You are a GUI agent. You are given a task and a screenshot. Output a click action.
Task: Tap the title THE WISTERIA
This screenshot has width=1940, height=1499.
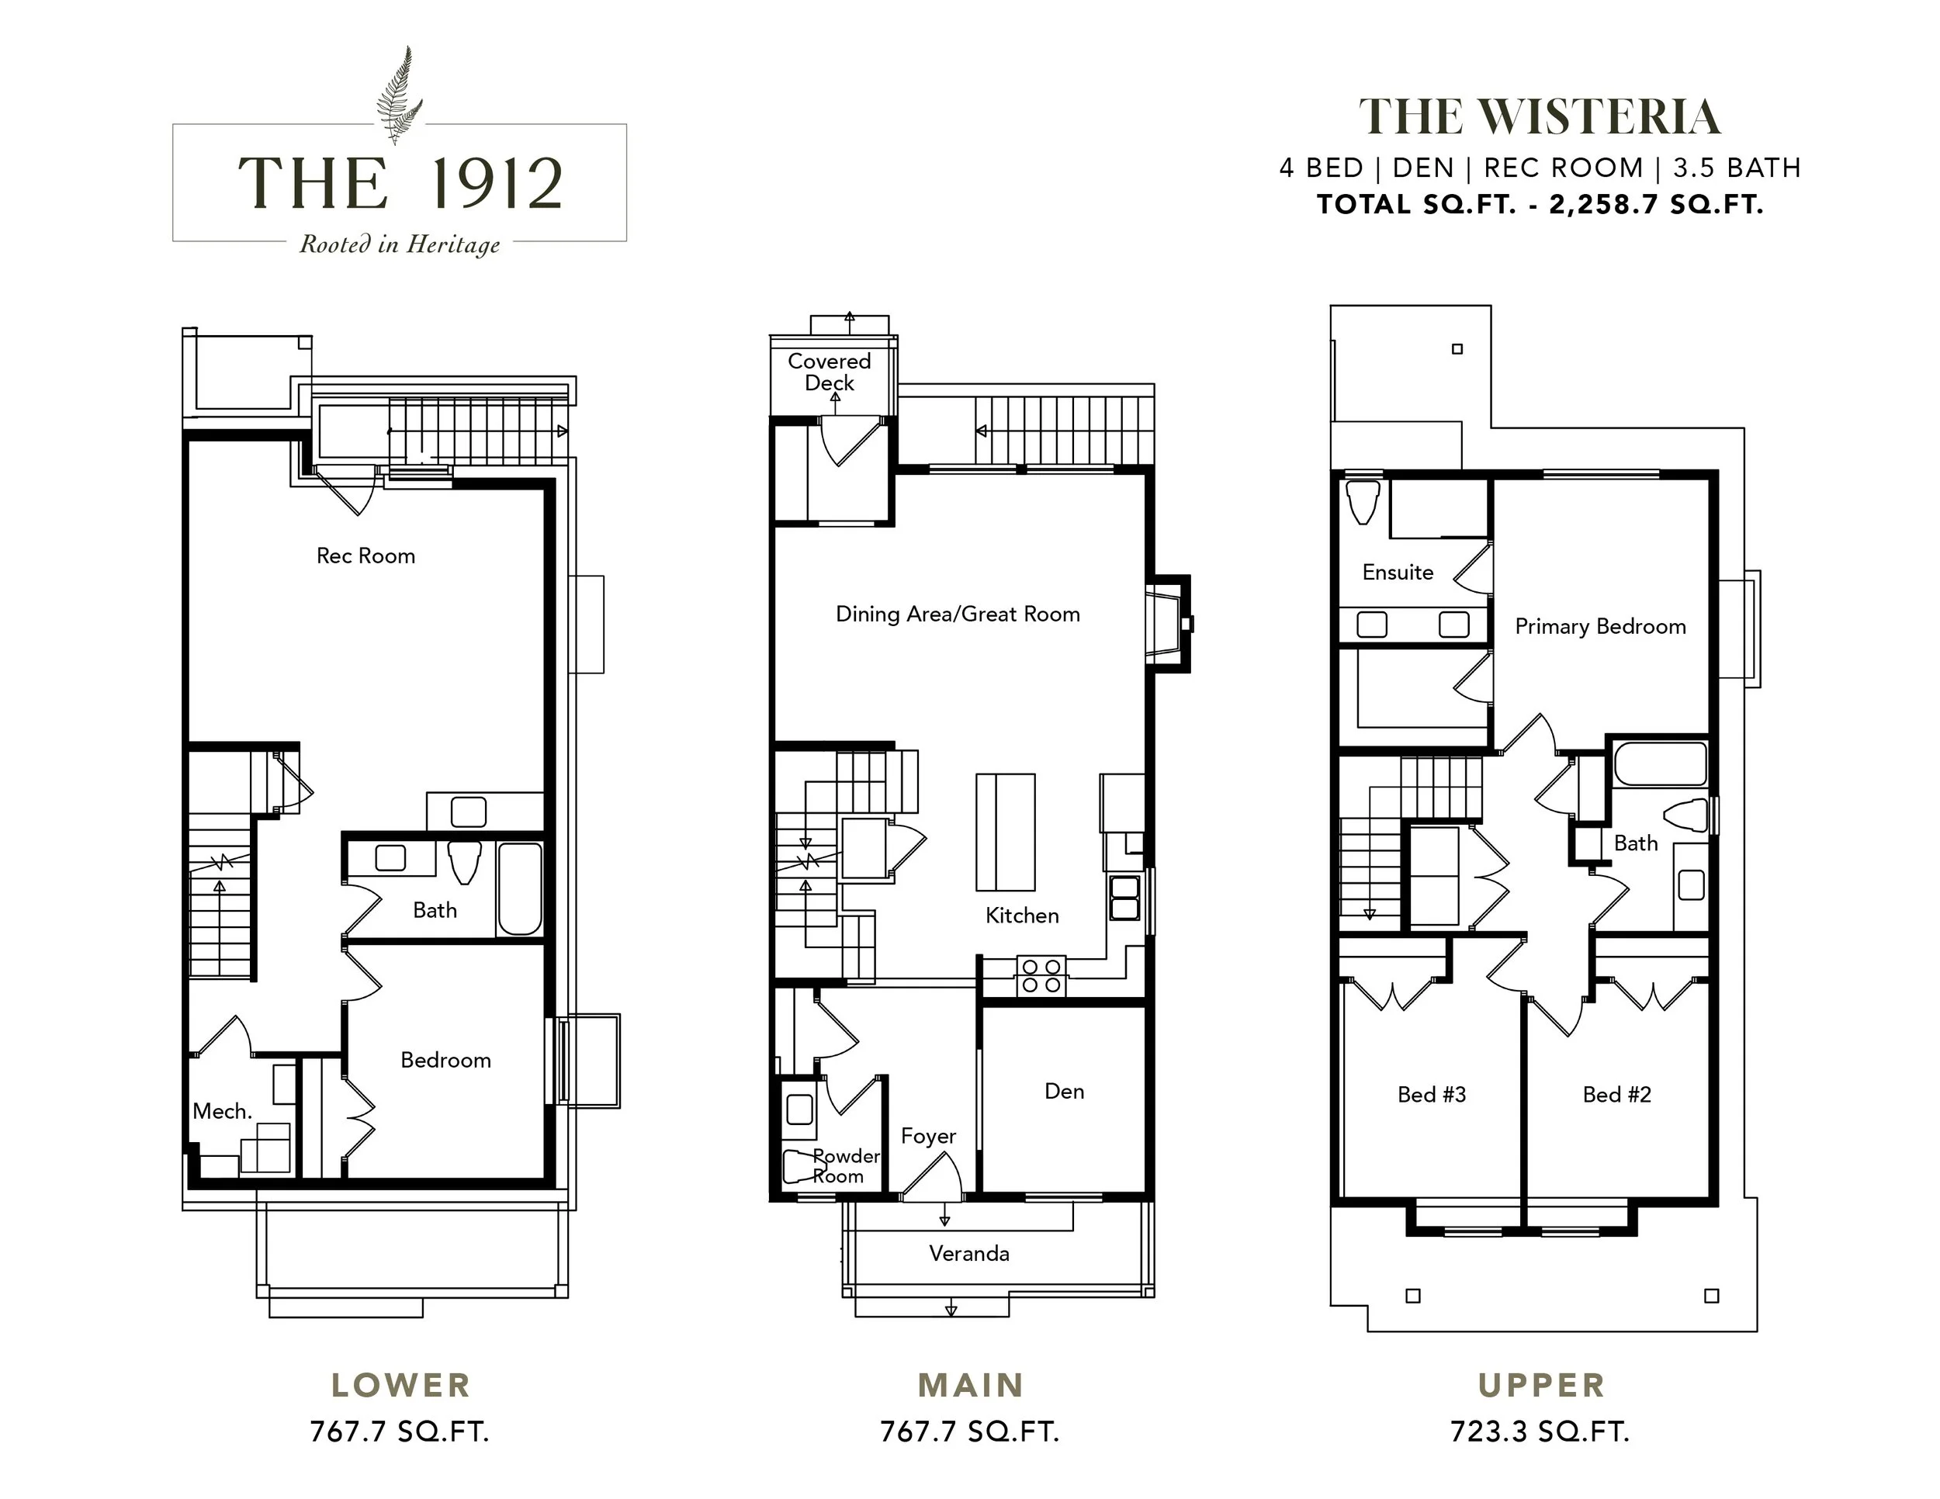pos(1540,117)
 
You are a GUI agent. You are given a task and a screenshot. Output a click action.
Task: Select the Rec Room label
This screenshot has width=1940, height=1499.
pos(366,556)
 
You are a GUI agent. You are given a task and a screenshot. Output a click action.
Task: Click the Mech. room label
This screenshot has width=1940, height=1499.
pos(222,1111)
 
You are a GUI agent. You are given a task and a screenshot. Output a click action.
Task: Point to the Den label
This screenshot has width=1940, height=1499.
pos(1064,1092)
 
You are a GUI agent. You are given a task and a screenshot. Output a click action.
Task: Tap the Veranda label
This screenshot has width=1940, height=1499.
pos(969,1253)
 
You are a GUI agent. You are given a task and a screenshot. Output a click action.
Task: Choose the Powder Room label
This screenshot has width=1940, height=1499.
pos(846,1166)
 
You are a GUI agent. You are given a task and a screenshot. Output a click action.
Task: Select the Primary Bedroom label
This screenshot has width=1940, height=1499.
pos(1600,627)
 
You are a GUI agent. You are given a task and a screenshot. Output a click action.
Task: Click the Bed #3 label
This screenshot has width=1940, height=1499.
pos(1431,1095)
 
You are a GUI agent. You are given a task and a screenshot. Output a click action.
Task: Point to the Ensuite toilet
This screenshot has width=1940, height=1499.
pos(1363,503)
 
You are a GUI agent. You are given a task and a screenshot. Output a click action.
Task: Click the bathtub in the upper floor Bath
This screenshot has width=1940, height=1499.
pos(1660,763)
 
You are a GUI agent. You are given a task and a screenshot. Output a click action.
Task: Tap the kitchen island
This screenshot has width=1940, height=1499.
pos(1006,832)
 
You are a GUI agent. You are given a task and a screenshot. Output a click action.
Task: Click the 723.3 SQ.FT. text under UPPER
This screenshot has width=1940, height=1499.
pos(1540,1431)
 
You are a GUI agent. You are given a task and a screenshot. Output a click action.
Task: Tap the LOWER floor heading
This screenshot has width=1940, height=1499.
pos(400,1384)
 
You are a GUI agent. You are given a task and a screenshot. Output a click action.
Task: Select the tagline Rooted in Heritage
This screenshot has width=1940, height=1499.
pos(400,244)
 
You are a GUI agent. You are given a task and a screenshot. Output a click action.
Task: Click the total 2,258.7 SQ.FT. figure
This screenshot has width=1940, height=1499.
pos(1657,204)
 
